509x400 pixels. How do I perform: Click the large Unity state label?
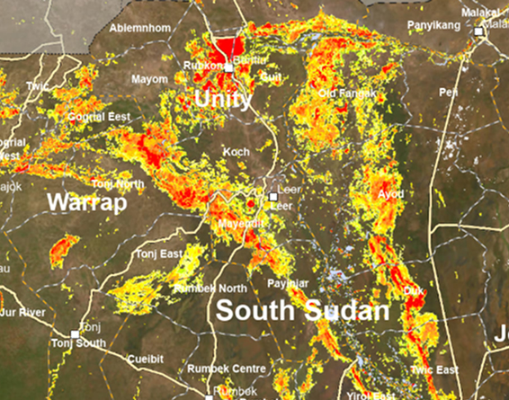pos(223,98)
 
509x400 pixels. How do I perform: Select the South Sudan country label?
pos(304,312)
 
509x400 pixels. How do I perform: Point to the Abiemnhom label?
pos(139,28)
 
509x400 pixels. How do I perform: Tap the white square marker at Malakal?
pos(480,32)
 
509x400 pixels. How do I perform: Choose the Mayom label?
pos(150,79)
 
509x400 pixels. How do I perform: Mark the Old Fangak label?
pos(346,93)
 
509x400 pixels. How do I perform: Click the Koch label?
pos(236,152)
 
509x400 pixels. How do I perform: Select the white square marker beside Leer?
pos(273,196)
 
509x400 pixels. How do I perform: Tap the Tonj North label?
pos(118,184)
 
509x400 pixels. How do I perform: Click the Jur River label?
pos(23,312)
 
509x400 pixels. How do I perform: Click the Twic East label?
pos(433,370)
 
